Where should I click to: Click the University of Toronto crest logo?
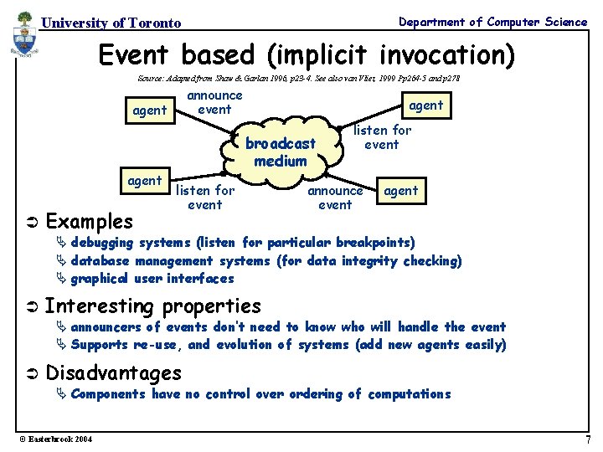pyautogui.click(x=25, y=38)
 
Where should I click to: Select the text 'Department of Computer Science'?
pyautogui.click(x=492, y=22)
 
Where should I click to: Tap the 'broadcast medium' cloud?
pyautogui.click(x=281, y=152)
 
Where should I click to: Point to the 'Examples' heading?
pyautogui.click(x=89, y=222)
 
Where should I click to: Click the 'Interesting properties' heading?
pyautogui.click(x=152, y=306)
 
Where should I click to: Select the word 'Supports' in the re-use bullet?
pyautogui.click(x=99, y=344)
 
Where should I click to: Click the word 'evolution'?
pyautogui.click(x=245, y=344)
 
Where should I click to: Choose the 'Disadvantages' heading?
pyautogui.click(x=113, y=372)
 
